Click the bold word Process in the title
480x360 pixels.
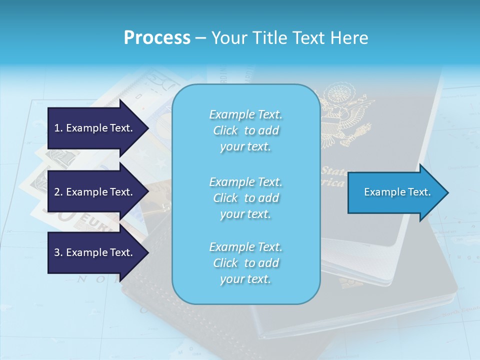coord(157,38)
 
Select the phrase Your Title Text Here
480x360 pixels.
coord(289,38)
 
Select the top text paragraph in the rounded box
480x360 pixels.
coord(245,130)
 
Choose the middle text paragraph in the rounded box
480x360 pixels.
coord(245,198)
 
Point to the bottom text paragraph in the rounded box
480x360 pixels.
coord(245,263)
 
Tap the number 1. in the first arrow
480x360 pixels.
coord(58,128)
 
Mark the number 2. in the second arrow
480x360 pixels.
coord(58,192)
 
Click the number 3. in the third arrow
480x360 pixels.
coord(58,252)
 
